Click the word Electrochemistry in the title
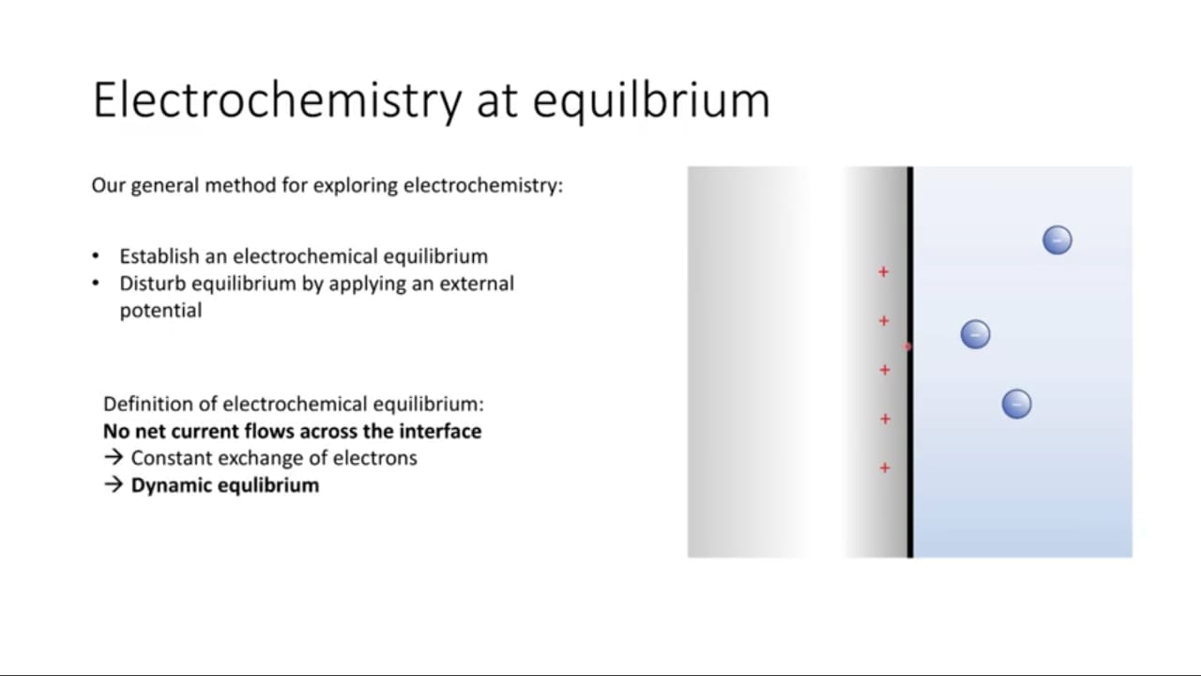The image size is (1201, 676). tap(277, 100)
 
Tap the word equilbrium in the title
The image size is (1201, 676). tap(651, 100)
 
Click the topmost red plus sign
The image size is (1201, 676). tap(884, 272)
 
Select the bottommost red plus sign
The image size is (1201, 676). tap(885, 468)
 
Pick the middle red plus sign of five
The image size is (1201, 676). tap(885, 370)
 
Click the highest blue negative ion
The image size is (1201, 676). tap(1057, 239)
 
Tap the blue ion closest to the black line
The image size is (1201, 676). tap(975, 334)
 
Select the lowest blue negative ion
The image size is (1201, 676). tap(1016, 404)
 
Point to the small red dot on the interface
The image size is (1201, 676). tap(907, 346)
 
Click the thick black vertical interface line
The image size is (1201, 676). tap(910, 362)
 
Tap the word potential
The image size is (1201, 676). tap(160, 311)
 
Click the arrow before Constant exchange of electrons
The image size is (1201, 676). tap(114, 457)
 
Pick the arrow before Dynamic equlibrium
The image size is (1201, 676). tap(114, 484)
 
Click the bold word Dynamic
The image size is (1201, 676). tap(172, 485)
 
